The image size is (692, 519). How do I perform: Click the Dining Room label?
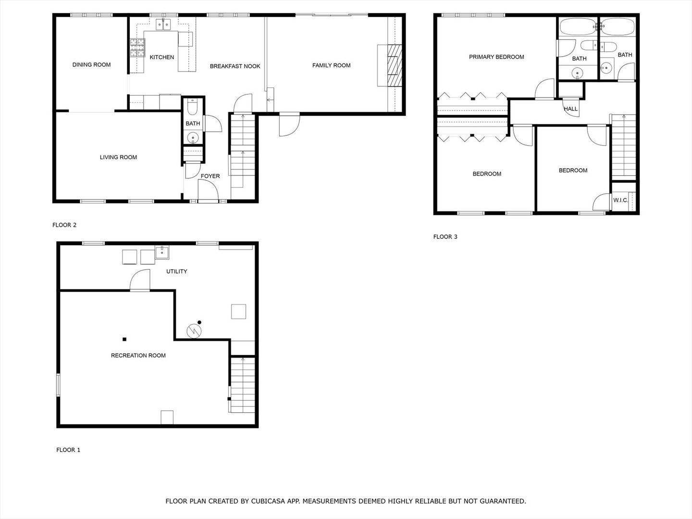(x=91, y=65)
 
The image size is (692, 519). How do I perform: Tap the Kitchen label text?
(x=162, y=57)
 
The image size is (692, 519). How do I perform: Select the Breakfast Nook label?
(x=235, y=66)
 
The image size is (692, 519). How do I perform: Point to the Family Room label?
(x=331, y=65)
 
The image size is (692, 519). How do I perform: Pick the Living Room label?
(x=118, y=157)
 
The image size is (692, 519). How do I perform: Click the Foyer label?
(x=210, y=176)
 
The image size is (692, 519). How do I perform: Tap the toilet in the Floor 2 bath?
(x=192, y=108)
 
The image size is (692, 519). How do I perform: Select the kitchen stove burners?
(x=136, y=48)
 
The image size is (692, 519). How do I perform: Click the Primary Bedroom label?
(x=496, y=57)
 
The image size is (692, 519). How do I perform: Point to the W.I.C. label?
(x=620, y=200)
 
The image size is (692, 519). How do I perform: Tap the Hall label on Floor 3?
(x=571, y=109)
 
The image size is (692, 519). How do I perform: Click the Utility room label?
(x=176, y=272)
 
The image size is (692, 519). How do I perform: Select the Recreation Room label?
(x=138, y=356)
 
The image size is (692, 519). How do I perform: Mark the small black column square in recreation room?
(x=124, y=339)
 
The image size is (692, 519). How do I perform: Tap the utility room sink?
(x=162, y=251)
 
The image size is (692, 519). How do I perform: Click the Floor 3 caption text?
(x=445, y=236)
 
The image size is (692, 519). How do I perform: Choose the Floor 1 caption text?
(x=68, y=450)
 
